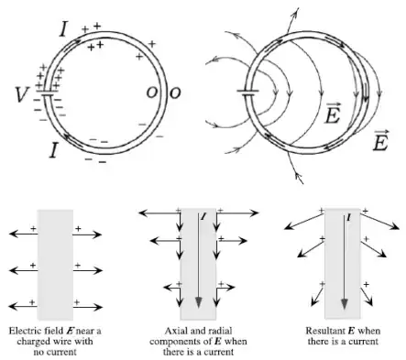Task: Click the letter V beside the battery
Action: coord(22,94)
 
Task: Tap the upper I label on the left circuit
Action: coord(63,29)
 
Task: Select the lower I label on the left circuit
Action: coord(53,150)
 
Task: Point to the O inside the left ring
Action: coord(151,93)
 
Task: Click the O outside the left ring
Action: coord(175,93)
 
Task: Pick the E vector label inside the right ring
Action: coord(333,114)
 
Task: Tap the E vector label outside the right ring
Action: coord(380,140)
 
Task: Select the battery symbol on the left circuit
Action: coord(48,93)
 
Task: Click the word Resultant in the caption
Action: coord(325,331)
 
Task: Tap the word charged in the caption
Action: coord(30,341)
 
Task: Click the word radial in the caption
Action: coord(221,331)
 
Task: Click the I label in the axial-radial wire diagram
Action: coord(203,216)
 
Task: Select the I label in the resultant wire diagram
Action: coord(348,217)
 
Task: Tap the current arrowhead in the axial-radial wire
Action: coord(199,302)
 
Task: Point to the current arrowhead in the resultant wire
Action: coord(345,304)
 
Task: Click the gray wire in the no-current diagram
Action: coord(55,265)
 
